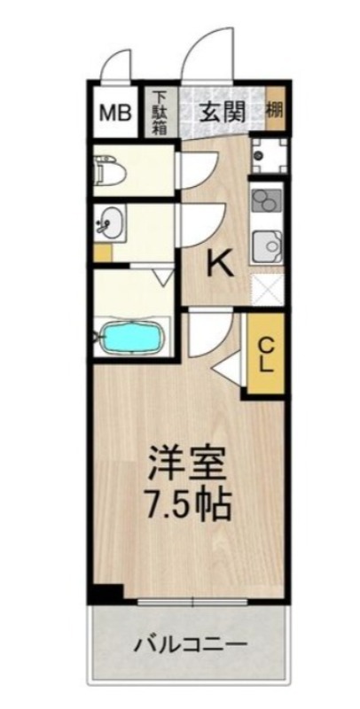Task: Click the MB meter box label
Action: coord(113,113)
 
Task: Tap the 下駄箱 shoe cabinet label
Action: coord(159,113)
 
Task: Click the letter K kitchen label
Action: coord(220,263)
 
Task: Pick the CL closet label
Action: coord(266,353)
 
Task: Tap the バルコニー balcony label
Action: coord(189,645)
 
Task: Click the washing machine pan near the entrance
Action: coord(265,154)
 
